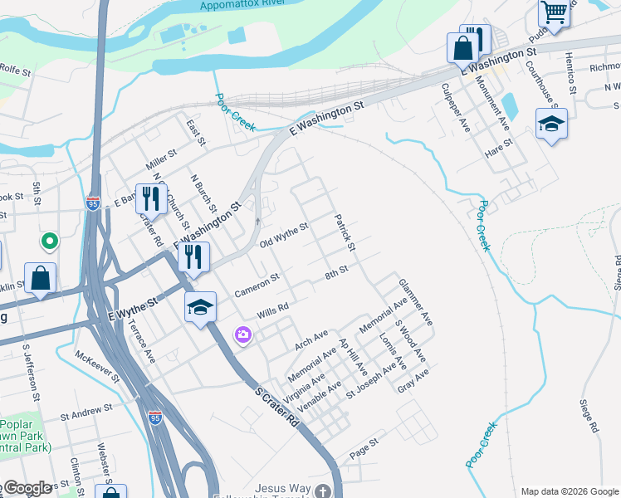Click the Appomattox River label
click(x=241, y=6)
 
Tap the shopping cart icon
click(x=554, y=12)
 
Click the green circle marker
click(x=50, y=242)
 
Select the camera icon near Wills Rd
click(x=243, y=334)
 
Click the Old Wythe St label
click(x=284, y=236)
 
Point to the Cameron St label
click(x=257, y=285)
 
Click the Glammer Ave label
click(x=416, y=300)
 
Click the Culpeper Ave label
click(x=456, y=108)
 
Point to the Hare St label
click(x=498, y=150)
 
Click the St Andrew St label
click(x=86, y=411)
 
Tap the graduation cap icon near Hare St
click(x=551, y=124)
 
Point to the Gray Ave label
click(x=413, y=381)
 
